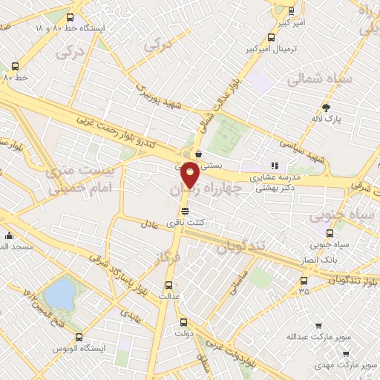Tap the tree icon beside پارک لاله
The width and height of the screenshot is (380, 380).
point(326,108)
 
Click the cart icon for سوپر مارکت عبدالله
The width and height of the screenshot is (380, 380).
point(318,325)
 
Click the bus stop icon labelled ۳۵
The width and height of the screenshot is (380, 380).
point(304,281)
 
